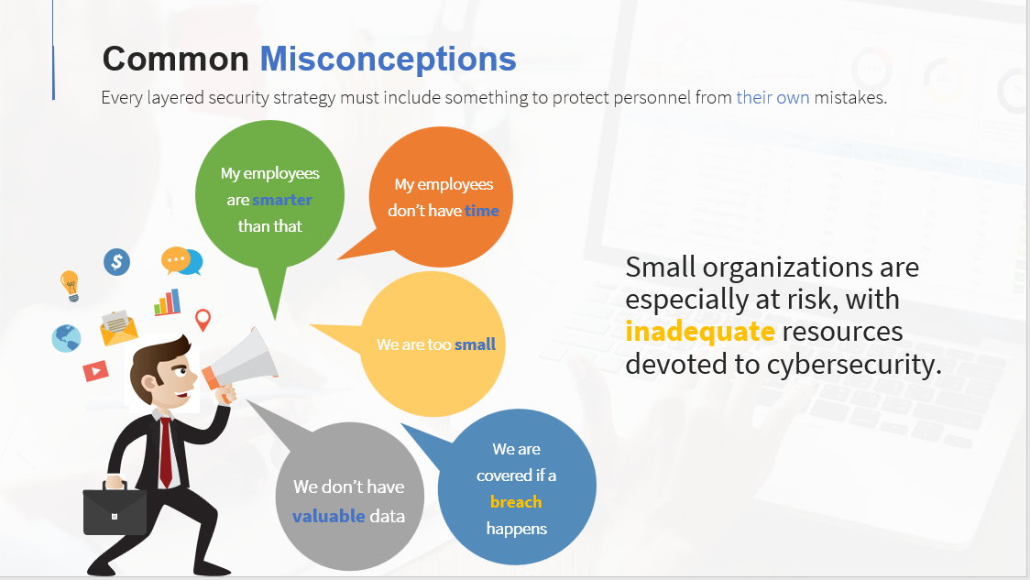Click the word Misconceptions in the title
coord(389,60)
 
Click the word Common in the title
coord(175,60)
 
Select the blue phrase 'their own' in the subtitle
coord(772,98)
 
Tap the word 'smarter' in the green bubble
coord(282,200)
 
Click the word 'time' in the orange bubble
coord(481,211)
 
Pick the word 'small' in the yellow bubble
coord(475,345)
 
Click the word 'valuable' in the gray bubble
coord(328,516)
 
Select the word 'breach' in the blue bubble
coord(516,502)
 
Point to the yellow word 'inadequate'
coord(700,332)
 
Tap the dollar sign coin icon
coord(117,262)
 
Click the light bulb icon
coord(70,286)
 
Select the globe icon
coord(66,338)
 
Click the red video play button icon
coord(96,371)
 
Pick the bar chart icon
coord(168,302)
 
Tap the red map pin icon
coord(203,320)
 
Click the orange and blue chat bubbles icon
coord(182,261)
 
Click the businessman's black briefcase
coord(115,509)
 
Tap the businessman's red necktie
coord(166,453)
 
